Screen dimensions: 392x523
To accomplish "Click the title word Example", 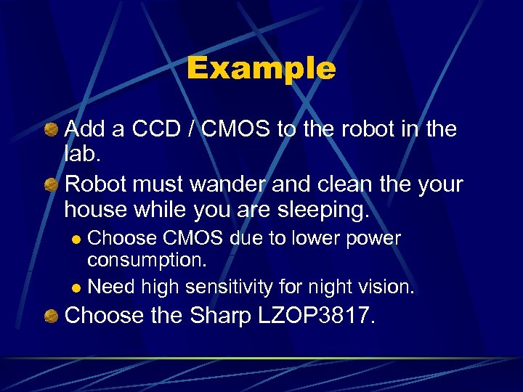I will coord(261,69).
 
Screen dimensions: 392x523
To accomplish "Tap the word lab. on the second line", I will coord(81,155).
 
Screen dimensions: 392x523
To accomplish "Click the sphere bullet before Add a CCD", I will coord(52,129).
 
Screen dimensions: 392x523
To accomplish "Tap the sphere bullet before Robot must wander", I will coord(52,184).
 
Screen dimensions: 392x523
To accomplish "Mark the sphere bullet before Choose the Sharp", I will coord(52,317).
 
